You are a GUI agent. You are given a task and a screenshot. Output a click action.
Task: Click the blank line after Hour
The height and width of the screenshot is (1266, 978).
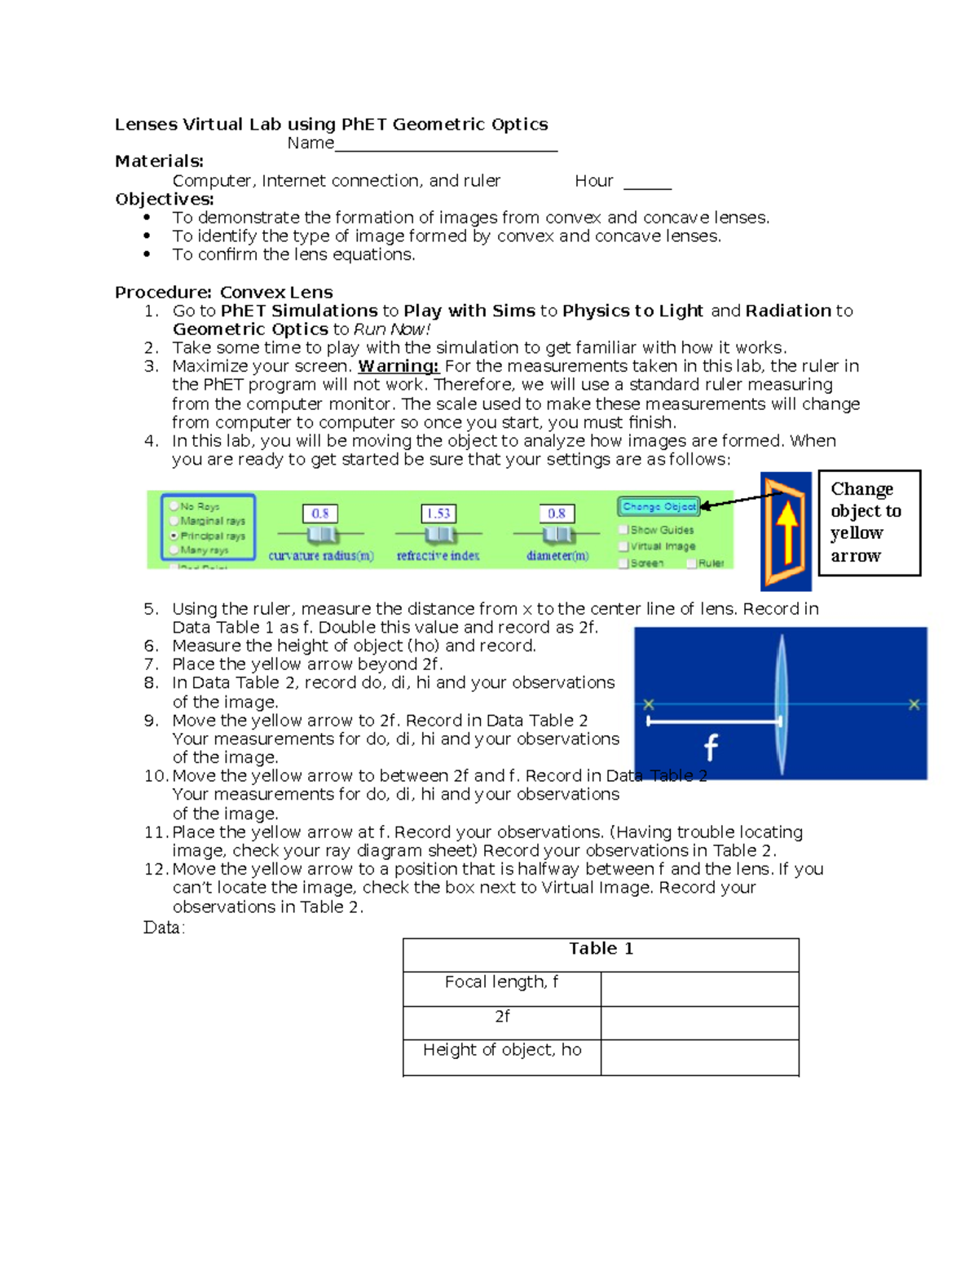click(x=647, y=184)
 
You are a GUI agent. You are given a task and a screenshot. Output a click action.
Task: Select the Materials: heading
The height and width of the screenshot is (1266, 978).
click(x=159, y=161)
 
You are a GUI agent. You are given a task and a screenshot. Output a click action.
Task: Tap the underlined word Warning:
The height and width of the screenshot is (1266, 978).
click(x=399, y=366)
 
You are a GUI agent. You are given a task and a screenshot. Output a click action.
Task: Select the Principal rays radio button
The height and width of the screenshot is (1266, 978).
click(x=174, y=536)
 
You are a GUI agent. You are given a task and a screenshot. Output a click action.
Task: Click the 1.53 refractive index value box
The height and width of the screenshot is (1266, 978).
click(x=438, y=514)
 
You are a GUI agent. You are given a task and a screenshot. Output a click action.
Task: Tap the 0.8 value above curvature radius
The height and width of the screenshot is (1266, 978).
click(x=320, y=514)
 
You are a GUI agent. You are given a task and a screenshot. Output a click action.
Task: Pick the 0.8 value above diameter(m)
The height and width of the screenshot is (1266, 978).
click(x=557, y=514)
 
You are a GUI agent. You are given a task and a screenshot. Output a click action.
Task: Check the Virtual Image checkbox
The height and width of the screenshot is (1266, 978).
click(x=624, y=546)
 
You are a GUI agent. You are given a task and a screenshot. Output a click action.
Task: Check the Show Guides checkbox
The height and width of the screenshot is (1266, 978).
click(x=624, y=530)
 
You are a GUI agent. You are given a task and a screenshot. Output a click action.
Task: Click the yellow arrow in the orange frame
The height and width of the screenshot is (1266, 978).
click(x=786, y=532)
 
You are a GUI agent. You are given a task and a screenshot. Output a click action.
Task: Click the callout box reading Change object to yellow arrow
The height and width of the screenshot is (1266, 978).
click(x=869, y=523)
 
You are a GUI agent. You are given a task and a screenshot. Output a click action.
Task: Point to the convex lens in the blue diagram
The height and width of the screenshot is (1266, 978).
click(x=781, y=704)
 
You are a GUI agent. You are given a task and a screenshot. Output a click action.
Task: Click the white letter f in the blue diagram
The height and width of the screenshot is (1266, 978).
click(x=711, y=747)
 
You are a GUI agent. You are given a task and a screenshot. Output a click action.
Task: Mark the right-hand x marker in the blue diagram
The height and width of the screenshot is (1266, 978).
click(x=914, y=704)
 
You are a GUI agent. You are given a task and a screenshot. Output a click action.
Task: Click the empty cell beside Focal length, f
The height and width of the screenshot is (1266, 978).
click(x=699, y=988)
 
